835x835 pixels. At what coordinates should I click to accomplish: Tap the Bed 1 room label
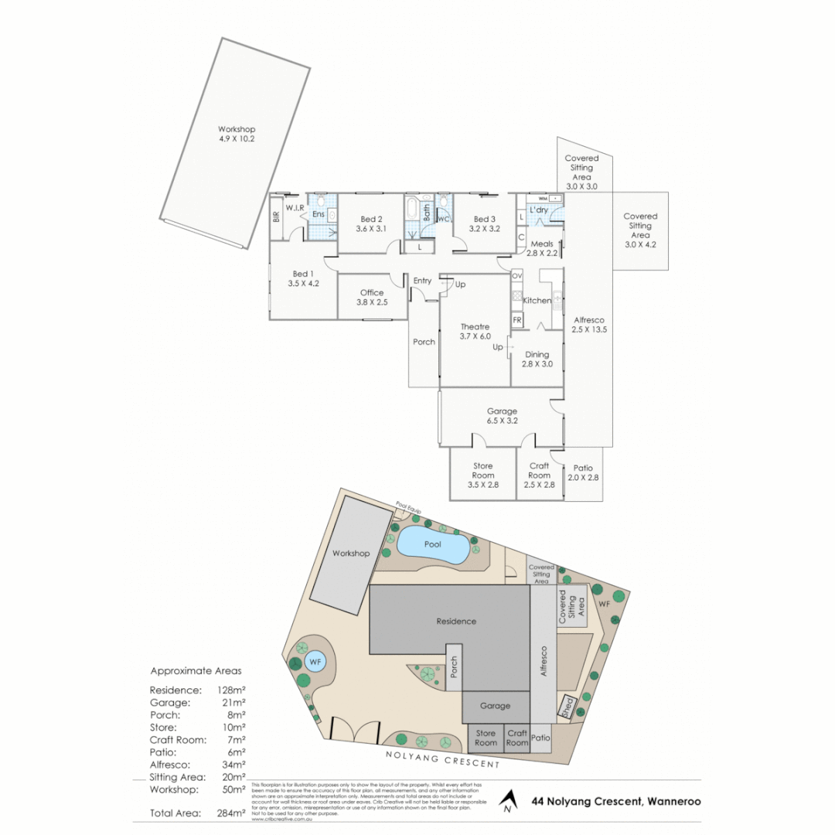[x=303, y=278]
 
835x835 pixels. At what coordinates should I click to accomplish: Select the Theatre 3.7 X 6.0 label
[x=475, y=332]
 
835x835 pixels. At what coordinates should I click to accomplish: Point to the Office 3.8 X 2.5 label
[x=372, y=298]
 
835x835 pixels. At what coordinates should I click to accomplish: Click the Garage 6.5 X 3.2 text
[x=501, y=416]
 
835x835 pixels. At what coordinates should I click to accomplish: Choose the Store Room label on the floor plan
[x=482, y=475]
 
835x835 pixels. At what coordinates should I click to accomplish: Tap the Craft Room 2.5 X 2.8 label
[x=539, y=475]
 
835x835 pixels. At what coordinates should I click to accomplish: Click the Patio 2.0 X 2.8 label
[x=583, y=472]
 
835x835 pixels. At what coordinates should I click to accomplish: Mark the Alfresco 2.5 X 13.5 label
[x=588, y=325]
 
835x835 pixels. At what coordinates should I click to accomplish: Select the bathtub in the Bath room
[x=412, y=209]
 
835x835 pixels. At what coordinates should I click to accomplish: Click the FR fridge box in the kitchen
[x=516, y=319]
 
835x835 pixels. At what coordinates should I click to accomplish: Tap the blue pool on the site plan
[x=432, y=544]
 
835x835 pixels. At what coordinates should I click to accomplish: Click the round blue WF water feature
[x=314, y=662]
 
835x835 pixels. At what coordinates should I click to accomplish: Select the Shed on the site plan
[x=567, y=709]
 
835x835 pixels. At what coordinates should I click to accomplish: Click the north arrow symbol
[x=507, y=800]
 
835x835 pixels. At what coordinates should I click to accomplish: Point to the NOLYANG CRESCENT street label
[x=441, y=759]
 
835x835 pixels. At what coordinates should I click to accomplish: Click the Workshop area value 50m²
[x=233, y=789]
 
